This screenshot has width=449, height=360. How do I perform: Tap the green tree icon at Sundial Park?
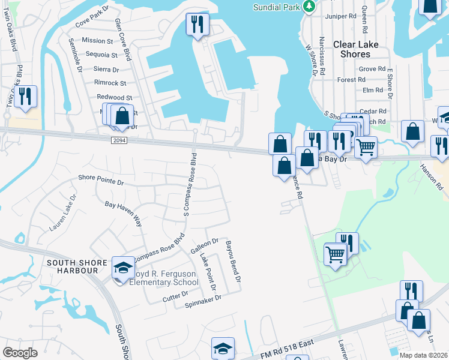(309, 6)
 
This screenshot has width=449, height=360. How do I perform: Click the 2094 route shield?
(119, 140)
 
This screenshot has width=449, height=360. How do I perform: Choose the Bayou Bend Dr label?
(233, 262)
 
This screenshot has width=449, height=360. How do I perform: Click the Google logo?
(20, 353)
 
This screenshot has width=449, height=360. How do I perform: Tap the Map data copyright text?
(423, 355)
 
